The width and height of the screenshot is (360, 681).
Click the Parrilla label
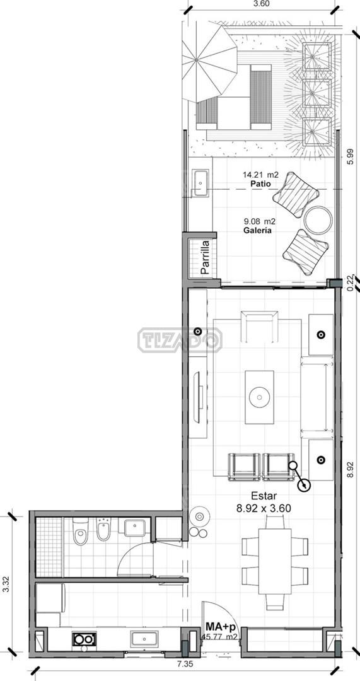205,257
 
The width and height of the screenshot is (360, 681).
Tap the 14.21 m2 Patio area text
260,179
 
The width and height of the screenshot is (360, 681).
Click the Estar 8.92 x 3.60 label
264,502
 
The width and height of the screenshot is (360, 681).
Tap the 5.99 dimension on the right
351,156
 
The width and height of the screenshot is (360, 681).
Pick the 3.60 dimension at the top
261,4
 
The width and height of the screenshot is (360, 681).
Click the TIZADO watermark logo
180,340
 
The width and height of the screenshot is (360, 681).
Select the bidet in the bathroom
103,529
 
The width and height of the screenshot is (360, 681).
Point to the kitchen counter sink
144,639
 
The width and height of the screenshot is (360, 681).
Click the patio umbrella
210,63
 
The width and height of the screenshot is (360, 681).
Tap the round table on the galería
318,220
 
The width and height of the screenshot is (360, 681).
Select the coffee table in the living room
259,397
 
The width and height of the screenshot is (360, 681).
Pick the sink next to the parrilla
200,183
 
